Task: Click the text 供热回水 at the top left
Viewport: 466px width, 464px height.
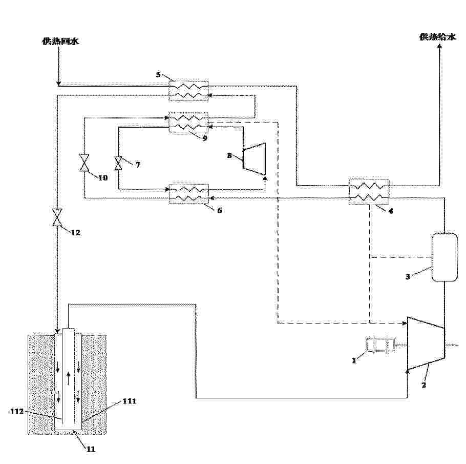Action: click(x=60, y=41)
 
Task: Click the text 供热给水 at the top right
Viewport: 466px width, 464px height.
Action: click(x=437, y=36)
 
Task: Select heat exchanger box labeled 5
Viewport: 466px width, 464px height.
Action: click(x=188, y=91)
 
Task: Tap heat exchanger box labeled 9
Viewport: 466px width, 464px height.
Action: click(x=188, y=123)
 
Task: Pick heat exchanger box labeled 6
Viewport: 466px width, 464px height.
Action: click(x=189, y=193)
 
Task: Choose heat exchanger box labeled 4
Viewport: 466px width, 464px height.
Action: click(x=369, y=192)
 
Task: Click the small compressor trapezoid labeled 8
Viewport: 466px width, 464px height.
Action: click(x=254, y=158)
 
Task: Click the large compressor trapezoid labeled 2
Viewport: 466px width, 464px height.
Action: click(x=425, y=343)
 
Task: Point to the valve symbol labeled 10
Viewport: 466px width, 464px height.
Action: click(x=84, y=163)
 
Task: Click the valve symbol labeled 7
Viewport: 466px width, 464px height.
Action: click(x=118, y=163)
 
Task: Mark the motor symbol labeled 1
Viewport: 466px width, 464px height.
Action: click(x=380, y=345)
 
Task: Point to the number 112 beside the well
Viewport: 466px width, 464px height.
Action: click(x=17, y=411)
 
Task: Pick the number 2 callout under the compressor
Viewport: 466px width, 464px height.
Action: click(x=424, y=385)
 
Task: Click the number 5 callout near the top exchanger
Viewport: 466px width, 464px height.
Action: click(x=158, y=74)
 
